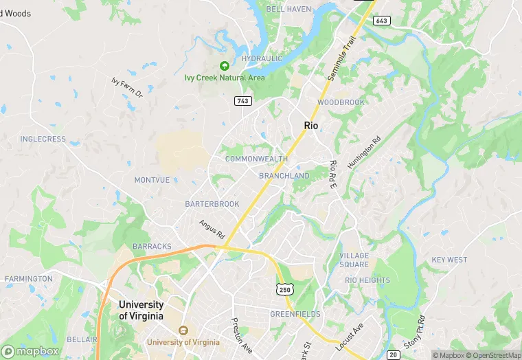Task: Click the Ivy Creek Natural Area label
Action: click(x=225, y=78)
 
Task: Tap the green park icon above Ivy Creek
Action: click(x=224, y=65)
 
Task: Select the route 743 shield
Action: click(x=242, y=101)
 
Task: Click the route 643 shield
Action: click(x=382, y=21)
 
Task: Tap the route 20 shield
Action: click(x=392, y=355)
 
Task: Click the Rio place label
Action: click(x=311, y=125)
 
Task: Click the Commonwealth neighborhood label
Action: click(x=256, y=159)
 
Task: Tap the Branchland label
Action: click(x=284, y=176)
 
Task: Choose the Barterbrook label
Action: click(x=212, y=204)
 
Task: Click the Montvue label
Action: click(x=152, y=180)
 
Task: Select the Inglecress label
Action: click(x=43, y=139)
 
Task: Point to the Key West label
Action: click(x=449, y=260)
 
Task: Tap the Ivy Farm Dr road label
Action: click(x=126, y=87)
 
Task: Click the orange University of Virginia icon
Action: click(x=183, y=330)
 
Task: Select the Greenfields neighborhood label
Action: click(x=295, y=314)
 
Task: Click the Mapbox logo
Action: click(x=30, y=351)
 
